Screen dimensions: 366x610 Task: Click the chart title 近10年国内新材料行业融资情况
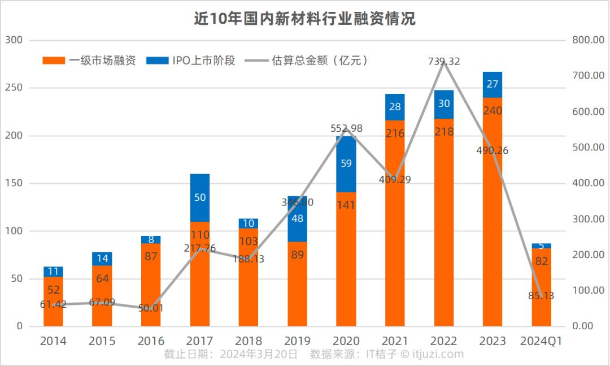pyautogui.click(x=304, y=19)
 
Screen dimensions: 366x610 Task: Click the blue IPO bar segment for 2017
pyautogui.click(x=199, y=197)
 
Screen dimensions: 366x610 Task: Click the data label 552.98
pyautogui.click(x=346, y=128)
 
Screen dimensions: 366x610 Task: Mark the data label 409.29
pyautogui.click(x=395, y=180)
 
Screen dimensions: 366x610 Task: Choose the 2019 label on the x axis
pyautogui.click(x=297, y=341)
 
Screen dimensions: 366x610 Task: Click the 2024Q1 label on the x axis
pyautogui.click(x=541, y=341)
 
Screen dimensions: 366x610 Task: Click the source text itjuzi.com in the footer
pyautogui.click(x=438, y=355)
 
